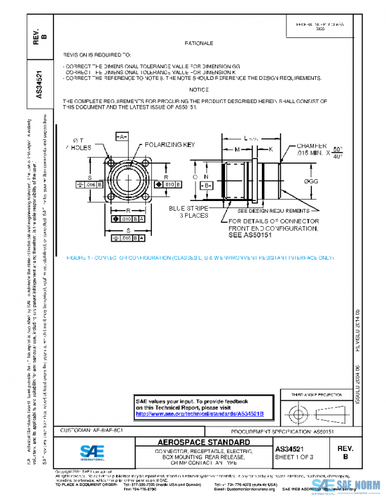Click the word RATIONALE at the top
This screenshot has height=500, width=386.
(x=199, y=43)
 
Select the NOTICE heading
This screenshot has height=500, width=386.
(x=199, y=90)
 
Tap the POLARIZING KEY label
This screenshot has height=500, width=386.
(x=169, y=146)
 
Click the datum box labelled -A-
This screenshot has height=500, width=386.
(x=121, y=137)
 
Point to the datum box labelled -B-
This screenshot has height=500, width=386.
(x=208, y=185)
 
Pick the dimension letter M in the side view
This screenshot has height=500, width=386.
(x=236, y=149)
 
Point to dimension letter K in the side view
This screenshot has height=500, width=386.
(x=270, y=149)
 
